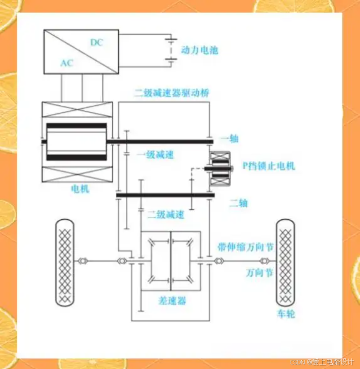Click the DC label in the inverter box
click(97, 42)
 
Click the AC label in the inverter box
click(66, 64)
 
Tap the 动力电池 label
click(200, 50)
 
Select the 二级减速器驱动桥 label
click(172, 93)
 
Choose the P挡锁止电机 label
click(268, 165)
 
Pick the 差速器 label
click(172, 301)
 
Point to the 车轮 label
click(285, 314)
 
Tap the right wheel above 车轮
click(285, 262)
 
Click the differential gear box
click(171, 260)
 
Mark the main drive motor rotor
click(77, 142)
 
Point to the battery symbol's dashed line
click(171, 50)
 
